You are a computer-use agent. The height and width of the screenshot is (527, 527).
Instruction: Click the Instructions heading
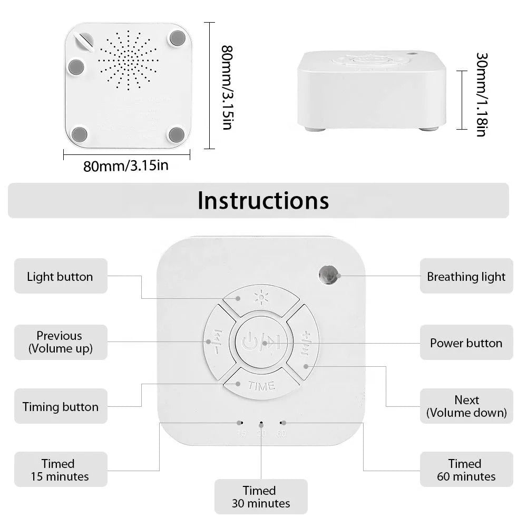pos(263,200)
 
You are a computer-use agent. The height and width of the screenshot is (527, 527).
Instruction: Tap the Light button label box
pos(60,276)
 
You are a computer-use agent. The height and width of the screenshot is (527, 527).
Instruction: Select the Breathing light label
pos(466,276)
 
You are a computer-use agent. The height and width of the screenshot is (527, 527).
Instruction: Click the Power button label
pos(466,343)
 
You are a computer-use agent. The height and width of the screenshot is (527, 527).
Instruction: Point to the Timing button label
pos(60,406)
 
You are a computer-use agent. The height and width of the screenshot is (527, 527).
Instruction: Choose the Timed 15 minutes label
pos(58,470)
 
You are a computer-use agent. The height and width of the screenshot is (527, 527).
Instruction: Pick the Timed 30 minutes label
pos(261,497)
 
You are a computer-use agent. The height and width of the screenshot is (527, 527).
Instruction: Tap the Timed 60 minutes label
pos(466,470)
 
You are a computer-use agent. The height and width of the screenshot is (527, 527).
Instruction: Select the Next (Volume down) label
pos(466,406)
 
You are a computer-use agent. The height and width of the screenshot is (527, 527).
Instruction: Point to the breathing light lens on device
pos(329,274)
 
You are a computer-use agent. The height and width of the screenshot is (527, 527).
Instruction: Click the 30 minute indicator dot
pos(261,423)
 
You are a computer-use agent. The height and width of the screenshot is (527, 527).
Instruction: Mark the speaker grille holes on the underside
pos(128,59)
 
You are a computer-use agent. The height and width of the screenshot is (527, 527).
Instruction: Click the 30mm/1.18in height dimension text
pos(480,94)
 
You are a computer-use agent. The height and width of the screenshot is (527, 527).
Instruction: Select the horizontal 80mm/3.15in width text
pos(126,166)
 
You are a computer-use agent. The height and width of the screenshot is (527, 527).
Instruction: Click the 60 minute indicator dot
pos(282,423)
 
